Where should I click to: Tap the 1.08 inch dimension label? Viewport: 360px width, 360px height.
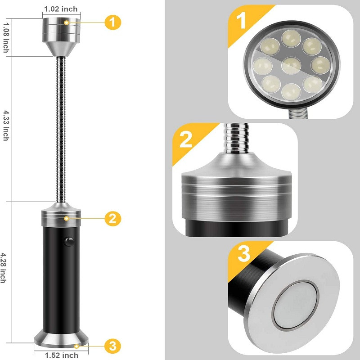5,37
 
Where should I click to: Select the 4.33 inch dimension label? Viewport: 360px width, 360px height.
5,125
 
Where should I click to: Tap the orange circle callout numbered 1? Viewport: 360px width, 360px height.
112,21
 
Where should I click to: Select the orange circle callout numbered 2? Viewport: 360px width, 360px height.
112,218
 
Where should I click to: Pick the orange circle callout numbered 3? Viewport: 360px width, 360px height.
112,346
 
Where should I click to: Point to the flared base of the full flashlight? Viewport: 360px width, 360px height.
61,340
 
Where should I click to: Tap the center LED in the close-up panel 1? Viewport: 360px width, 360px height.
291,66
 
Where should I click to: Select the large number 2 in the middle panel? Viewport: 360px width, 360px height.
186,140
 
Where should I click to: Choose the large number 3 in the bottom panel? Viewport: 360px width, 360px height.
243,254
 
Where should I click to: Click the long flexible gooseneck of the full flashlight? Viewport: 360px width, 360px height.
61,130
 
